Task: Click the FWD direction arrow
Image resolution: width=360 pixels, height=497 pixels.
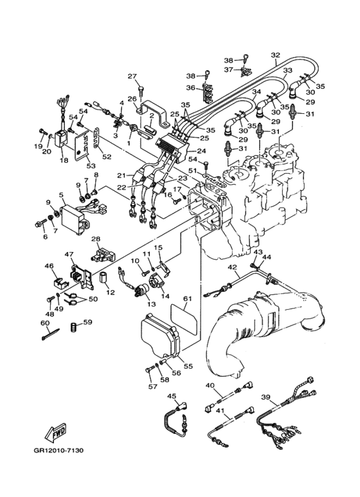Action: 56,432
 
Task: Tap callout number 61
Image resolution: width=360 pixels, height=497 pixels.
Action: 188,298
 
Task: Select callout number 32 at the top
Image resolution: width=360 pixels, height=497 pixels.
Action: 276,55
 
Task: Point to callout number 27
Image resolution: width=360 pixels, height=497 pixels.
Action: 132,76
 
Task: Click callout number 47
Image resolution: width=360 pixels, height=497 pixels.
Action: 69,254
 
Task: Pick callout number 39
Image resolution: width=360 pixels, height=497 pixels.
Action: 266,397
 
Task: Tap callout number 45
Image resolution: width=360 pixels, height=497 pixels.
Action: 172,396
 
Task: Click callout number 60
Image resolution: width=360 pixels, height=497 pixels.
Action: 45,323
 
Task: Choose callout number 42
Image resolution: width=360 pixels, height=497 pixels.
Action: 232,267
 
